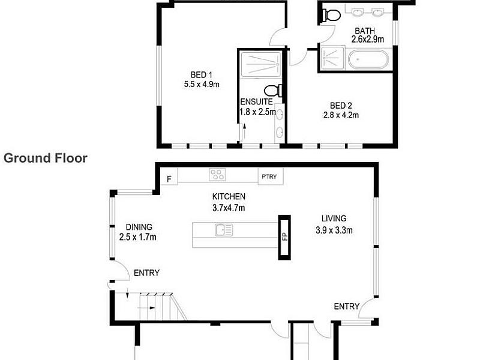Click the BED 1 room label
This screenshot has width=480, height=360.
click(x=201, y=74)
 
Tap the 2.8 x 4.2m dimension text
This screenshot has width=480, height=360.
click(x=341, y=115)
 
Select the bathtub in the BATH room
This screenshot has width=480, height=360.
click(x=368, y=59)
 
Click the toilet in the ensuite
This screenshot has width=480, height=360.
click(x=273, y=91)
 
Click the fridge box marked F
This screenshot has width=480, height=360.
click(x=169, y=179)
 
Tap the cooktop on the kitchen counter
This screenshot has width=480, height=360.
click(x=217, y=175)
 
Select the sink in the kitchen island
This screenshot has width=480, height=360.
click(x=224, y=230)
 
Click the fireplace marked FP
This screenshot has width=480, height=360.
click(x=284, y=237)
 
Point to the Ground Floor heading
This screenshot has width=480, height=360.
click(x=46, y=158)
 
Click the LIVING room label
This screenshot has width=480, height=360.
click(x=334, y=218)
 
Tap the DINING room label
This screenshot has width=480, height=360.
click(x=139, y=227)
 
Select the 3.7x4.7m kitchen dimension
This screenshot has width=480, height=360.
click(x=229, y=208)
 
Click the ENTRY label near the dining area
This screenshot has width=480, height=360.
click(x=146, y=273)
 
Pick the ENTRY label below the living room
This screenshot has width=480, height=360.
click(x=347, y=307)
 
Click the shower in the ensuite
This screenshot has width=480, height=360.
click(x=261, y=65)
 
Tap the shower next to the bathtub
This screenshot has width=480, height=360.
click(x=332, y=58)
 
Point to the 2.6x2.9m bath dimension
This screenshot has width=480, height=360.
click(x=367, y=39)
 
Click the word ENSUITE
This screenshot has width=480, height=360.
click(x=257, y=101)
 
